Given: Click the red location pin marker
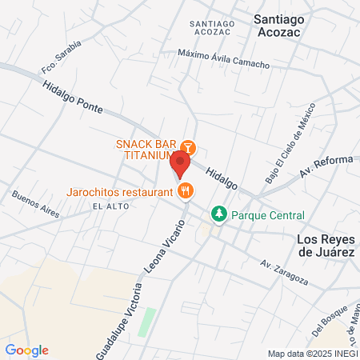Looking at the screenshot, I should (x=180, y=164).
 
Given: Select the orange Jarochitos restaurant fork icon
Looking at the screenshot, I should (x=186, y=190).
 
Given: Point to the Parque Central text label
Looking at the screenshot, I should (x=268, y=214).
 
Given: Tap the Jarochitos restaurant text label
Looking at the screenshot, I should (x=120, y=192).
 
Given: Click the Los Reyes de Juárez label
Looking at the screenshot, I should (x=325, y=246).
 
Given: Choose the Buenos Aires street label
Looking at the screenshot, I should (x=36, y=203).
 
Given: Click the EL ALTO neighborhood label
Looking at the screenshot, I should (x=110, y=206).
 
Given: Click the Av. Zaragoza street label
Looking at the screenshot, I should (x=284, y=271).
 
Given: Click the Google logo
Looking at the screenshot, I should (x=27, y=350).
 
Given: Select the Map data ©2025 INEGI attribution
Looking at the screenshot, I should (x=312, y=354).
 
